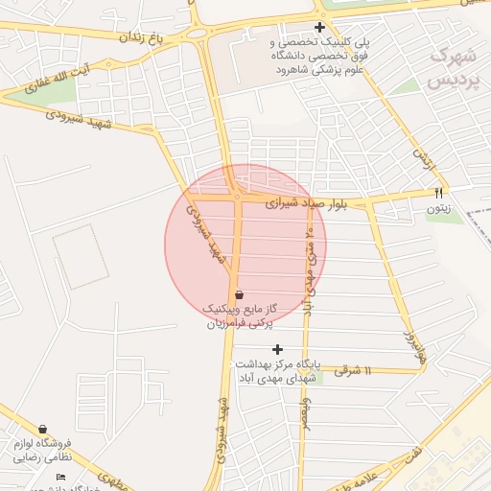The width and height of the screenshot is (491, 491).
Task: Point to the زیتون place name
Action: [440, 207]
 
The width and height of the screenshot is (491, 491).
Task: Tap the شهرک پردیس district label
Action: [454, 68]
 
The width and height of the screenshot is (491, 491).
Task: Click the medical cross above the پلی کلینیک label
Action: [319, 27]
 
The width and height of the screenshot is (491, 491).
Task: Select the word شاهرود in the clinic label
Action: [298, 70]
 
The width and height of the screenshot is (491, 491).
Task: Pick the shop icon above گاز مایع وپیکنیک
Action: [238, 294]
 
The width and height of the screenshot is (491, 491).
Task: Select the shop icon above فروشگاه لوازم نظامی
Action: [42, 430]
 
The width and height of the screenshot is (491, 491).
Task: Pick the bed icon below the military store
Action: [61, 477]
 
